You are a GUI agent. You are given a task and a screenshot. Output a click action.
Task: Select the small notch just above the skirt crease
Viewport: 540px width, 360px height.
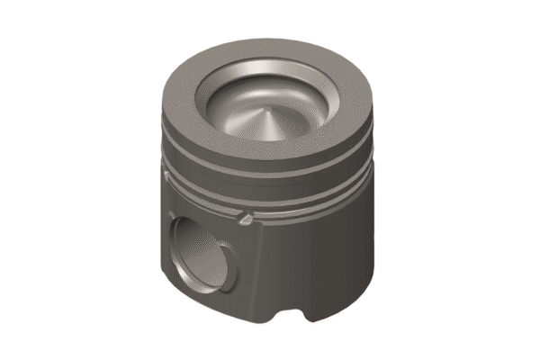pyautogui.click(x=244, y=216)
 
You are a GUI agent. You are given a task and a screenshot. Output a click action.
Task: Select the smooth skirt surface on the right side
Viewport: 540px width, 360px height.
pyautogui.click(x=342, y=252)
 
